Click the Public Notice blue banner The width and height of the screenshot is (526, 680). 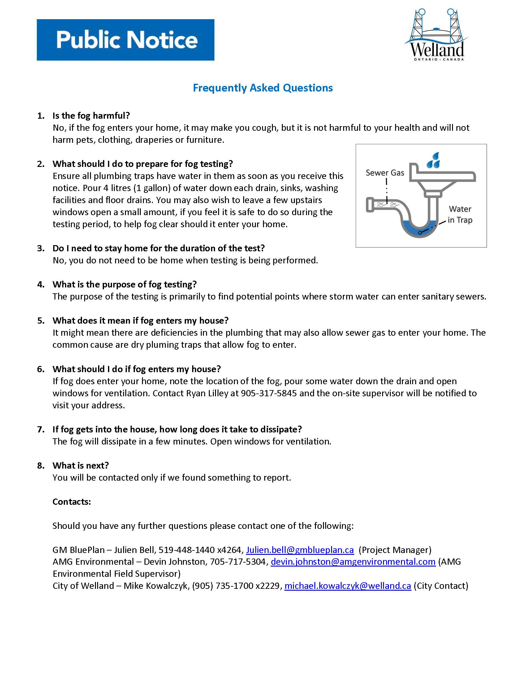pyautogui.click(x=125, y=40)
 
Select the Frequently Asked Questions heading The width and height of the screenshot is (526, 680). pyautogui.click(x=263, y=88)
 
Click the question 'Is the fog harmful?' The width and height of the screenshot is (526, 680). pyautogui.click(x=91, y=116)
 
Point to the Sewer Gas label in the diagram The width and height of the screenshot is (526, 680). pyautogui.click(x=385, y=173)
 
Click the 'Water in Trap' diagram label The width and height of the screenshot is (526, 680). pyautogui.click(x=459, y=215)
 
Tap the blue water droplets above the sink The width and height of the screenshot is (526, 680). pyautogui.click(x=434, y=160)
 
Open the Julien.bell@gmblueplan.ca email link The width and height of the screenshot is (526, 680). pyautogui.click(x=300, y=550)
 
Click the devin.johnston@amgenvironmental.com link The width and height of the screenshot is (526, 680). pyautogui.click(x=353, y=562)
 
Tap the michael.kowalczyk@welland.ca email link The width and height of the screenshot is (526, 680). pyautogui.click(x=348, y=586)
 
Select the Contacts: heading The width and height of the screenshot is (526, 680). pyautogui.click(x=72, y=502)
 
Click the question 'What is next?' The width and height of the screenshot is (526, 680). pyautogui.click(x=80, y=465)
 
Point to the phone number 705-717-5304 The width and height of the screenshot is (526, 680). pyautogui.click(x=238, y=562)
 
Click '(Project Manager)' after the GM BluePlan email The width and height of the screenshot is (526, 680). pyautogui.click(x=395, y=550)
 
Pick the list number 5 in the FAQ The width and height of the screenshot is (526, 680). pyautogui.click(x=41, y=321)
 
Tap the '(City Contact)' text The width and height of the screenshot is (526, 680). pyautogui.click(x=441, y=586)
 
